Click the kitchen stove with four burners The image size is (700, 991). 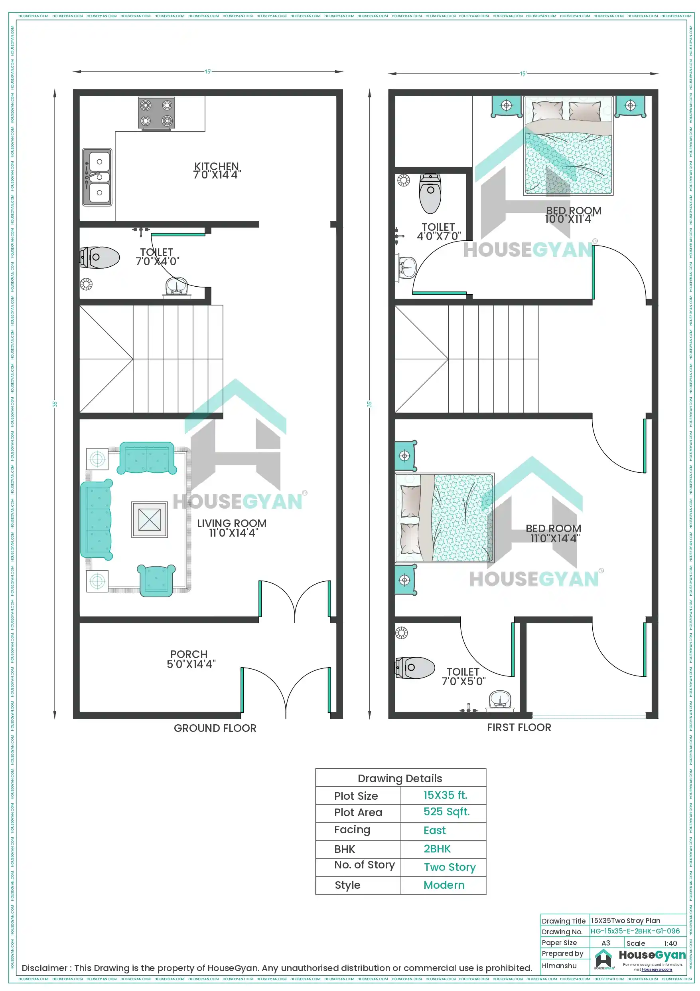(156, 113)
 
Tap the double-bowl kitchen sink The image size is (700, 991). (97, 177)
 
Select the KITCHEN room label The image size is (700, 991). (217, 166)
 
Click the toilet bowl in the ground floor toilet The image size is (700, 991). (101, 257)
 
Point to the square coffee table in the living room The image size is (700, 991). (149, 519)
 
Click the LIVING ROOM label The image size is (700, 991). (232, 523)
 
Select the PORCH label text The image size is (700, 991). (189, 654)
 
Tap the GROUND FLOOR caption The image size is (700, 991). (215, 728)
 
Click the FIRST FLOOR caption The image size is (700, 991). (519, 727)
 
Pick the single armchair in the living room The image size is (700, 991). (156, 581)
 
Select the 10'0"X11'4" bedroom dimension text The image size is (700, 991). (568, 219)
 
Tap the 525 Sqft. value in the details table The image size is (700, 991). (446, 812)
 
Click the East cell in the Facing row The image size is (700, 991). (434, 830)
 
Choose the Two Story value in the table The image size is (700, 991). (450, 867)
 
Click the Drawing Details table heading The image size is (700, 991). (400, 778)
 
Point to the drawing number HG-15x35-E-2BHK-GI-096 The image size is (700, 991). (635, 931)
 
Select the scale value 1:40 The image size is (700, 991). (670, 943)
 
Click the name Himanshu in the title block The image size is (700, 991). (559, 965)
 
